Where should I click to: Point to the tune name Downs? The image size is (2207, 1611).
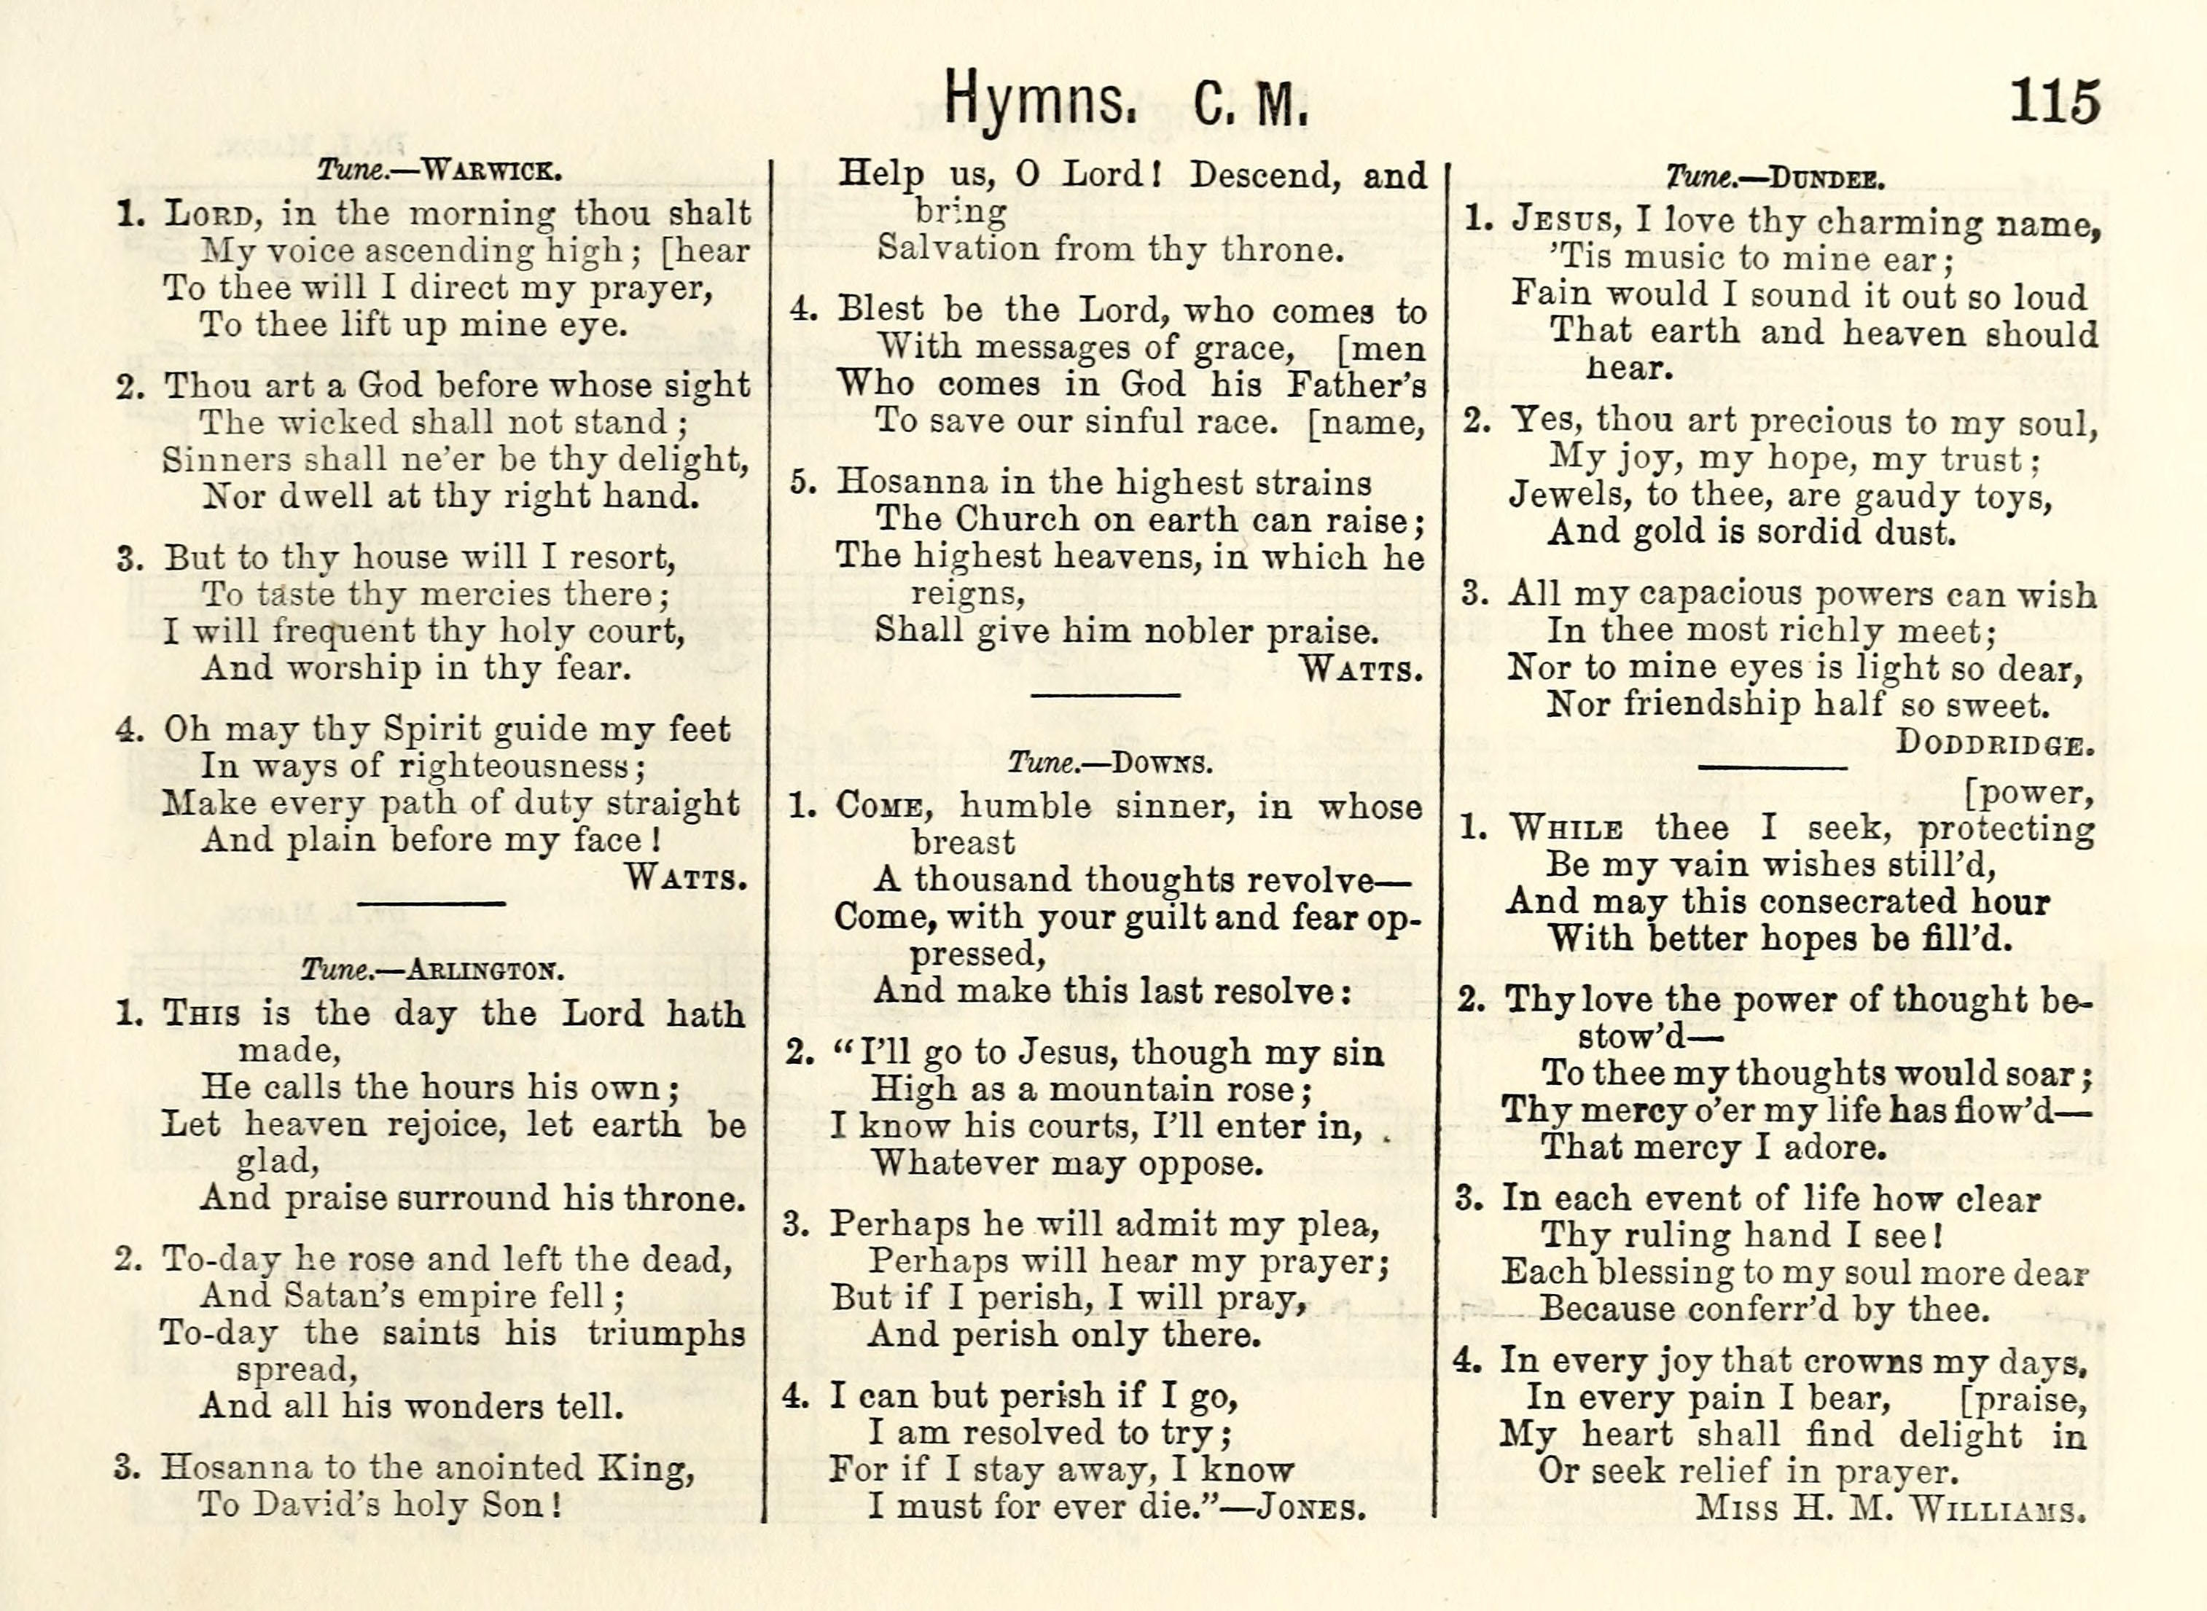1162,763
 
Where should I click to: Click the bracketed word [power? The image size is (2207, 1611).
2028,793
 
